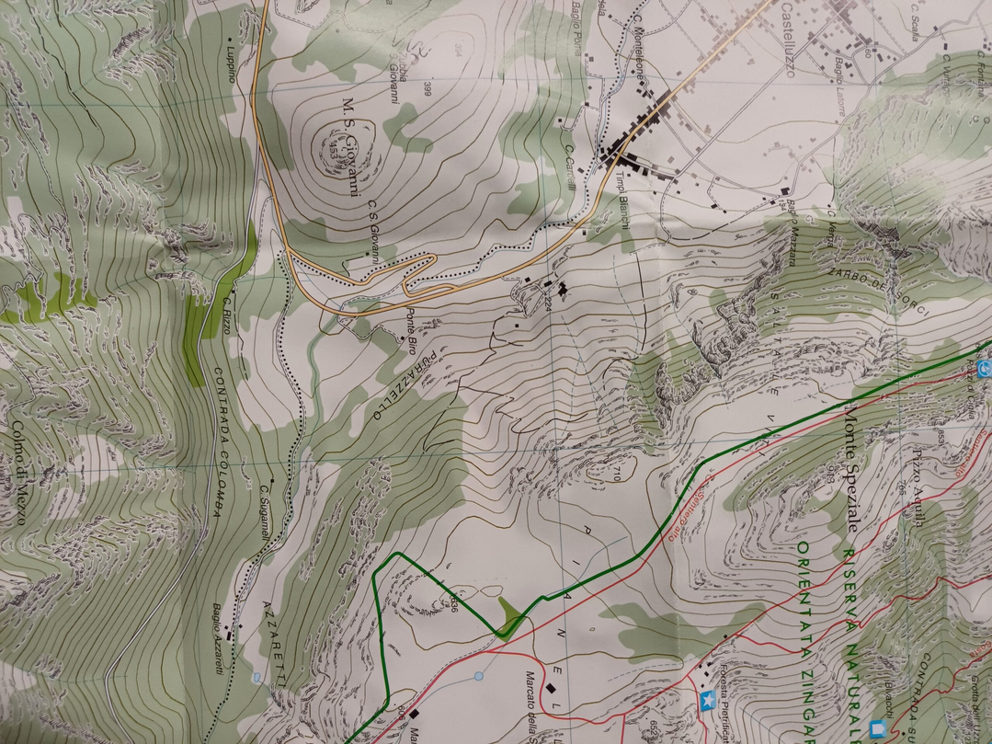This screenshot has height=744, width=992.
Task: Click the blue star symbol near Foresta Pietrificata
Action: [706, 702]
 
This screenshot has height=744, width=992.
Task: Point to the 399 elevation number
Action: [428, 89]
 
